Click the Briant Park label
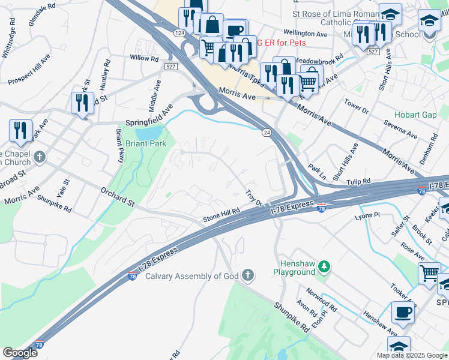[x=145, y=144]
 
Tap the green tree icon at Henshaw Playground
[x=324, y=266]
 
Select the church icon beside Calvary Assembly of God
[x=247, y=275]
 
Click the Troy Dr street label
[x=255, y=197]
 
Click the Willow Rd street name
[x=144, y=59]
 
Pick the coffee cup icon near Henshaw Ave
[x=403, y=313]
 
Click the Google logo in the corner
[x=20, y=353]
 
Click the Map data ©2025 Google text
[x=412, y=355]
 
